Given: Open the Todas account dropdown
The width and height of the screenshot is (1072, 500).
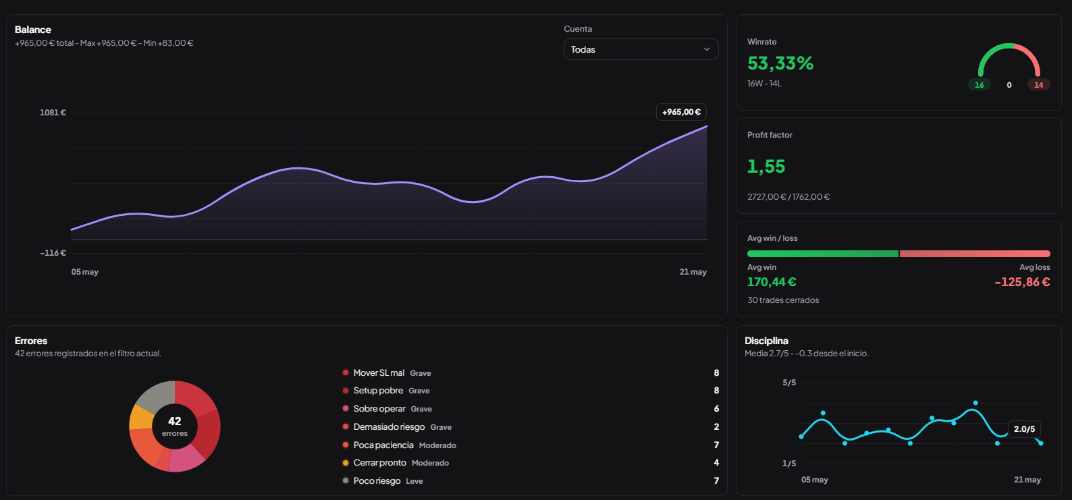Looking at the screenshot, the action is click(x=641, y=49).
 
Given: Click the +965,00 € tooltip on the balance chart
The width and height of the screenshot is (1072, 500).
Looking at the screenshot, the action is click(x=681, y=112).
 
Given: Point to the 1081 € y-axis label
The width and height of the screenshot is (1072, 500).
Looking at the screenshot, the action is click(x=53, y=113).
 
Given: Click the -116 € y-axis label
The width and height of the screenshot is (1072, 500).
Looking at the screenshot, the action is click(x=53, y=252).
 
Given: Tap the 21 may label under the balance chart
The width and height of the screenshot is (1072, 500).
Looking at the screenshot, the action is click(x=693, y=272).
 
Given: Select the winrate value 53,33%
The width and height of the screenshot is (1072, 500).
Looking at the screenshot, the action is click(x=780, y=63).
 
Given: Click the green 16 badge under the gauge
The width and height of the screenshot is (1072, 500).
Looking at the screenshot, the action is click(x=979, y=85).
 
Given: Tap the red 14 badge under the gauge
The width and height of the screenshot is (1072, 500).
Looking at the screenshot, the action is click(x=1038, y=85).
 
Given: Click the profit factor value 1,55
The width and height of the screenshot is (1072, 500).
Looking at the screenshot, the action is click(x=766, y=167).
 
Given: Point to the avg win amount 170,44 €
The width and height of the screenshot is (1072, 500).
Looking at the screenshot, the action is click(x=772, y=282).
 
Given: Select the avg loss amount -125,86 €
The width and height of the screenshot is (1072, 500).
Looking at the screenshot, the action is click(x=1022, y=282).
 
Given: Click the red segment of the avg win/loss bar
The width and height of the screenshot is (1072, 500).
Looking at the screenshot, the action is click(x=975, y=254).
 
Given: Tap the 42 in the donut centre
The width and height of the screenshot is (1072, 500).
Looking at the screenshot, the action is click(x=175, y=421).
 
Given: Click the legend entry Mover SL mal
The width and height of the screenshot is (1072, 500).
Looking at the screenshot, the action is click(x=379, y=372).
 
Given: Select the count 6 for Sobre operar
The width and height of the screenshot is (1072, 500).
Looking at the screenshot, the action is click(x=716, y=409).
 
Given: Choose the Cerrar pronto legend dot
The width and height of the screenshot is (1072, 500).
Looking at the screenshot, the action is click(x=346, y=463).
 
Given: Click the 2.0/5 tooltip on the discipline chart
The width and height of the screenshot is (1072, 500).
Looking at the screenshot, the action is click(x=1024, y=428).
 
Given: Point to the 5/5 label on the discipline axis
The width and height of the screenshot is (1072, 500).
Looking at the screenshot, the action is click(x=789, y=383).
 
